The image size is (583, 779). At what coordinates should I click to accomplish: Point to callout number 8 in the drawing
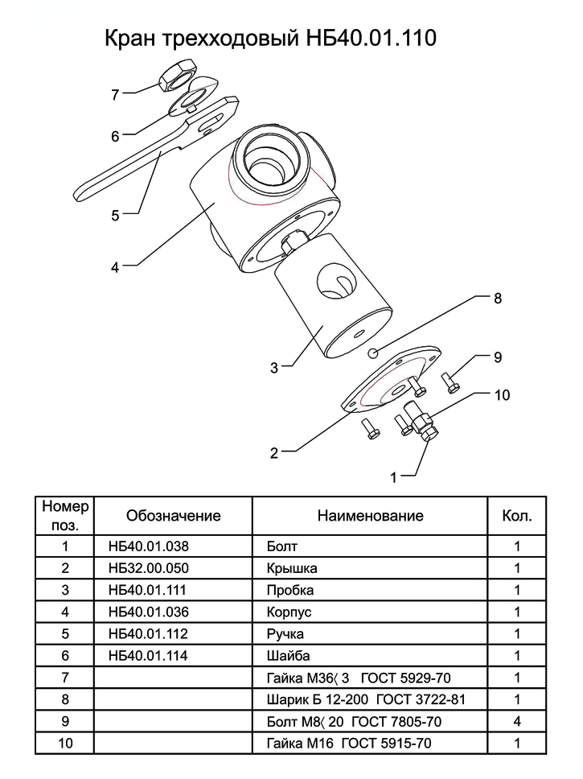(498, 298)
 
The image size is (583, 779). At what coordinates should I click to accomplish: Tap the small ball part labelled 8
(373, 352)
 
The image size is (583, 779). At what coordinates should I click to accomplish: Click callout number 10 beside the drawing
(502, 395)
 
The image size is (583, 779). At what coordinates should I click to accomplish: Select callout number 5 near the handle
(115, 215)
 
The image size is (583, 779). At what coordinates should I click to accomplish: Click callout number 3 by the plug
(274, 368)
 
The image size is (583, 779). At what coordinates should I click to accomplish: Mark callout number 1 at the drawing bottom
(394, 477)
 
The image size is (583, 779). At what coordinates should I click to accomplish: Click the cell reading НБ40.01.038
(149, 546)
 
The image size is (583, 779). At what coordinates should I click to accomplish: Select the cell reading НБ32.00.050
(149, 568)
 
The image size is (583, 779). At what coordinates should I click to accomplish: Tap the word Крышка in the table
(291, 568)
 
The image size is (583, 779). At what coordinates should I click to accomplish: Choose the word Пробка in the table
(290, 590)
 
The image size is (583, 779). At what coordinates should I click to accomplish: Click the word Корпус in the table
(289, 612)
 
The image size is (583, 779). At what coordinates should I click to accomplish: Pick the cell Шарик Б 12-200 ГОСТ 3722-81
(366, 699)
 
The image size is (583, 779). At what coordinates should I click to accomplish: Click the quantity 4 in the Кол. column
(517, 721)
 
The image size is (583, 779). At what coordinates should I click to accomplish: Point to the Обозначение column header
(174, 515)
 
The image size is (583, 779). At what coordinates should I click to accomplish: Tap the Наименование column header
(371, 515)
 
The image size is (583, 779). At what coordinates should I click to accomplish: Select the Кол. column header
(517, 515)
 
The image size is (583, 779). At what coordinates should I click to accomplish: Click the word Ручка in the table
(285, 634)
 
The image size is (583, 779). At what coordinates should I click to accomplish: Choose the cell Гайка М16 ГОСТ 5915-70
(349, 744)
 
